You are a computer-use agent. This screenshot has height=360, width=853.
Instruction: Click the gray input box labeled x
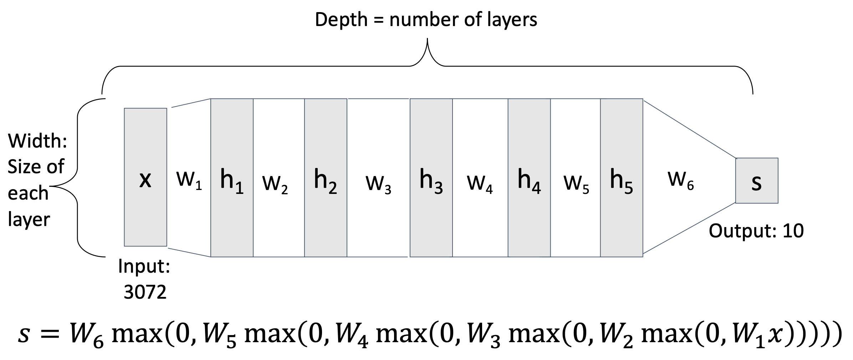point(145,177)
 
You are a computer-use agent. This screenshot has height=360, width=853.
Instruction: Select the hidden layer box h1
point(232,178)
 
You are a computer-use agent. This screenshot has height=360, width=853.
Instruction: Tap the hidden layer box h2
point(325,178)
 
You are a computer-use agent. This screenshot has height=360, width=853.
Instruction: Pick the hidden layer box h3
point(431,178)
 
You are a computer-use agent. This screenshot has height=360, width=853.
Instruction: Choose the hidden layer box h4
point(529,178)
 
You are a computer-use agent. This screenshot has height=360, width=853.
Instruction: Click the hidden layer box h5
point(621,178)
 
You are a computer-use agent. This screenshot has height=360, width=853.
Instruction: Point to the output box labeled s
point(756,181)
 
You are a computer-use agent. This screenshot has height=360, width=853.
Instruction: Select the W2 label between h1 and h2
point(275,184)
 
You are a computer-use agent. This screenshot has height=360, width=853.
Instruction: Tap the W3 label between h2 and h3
point(378,184)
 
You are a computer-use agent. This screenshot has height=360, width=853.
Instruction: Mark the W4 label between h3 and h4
point(480,184)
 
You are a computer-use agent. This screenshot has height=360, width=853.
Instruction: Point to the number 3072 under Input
point(145,292)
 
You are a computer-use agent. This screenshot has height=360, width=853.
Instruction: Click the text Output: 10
point(756,231)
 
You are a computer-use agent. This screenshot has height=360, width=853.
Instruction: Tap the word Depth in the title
point(341,20)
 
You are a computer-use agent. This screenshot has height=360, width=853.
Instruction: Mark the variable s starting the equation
point(24,335)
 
